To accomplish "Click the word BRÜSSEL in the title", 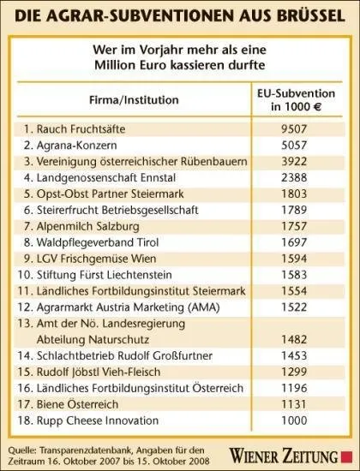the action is [x=310, y=16].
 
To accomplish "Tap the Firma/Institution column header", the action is [x=134, y=99].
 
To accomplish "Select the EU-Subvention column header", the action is [x=296, y=100].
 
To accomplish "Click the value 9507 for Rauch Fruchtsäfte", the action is [x=294, y=129].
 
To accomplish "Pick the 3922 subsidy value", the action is [x=294, y=162].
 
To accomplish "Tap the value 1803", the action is [x=294, y=194].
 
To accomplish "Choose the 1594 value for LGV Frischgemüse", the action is [x=294, y=259].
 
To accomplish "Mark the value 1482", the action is [x=294, y=340].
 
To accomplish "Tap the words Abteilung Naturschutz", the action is [x=93, y=340].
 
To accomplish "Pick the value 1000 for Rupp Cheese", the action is [x=294, y=420].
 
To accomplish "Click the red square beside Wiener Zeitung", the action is [x=346, y=456].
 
